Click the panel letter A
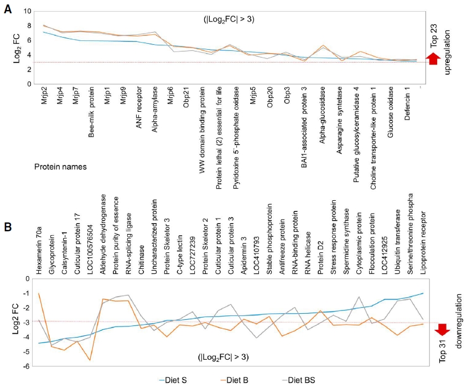[x=8, y=9]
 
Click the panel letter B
[x=8, y=227]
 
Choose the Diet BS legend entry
[x=298, y=380]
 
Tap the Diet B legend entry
[x=234, y=380]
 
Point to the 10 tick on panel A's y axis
[x=28, y=11]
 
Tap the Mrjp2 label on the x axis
[x=44, y=95]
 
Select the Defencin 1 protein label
[x=407, y=103]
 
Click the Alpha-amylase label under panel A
[x=154, y=110]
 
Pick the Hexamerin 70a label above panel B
[x=39, y=250]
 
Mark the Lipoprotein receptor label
[x=423, y=243]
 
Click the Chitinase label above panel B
[x=141, y=260]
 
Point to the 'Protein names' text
[x=60, y=167]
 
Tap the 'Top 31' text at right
[x=443, y=351]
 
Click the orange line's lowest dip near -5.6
[x=90, y=360]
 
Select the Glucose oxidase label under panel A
[x=391, y=112]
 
